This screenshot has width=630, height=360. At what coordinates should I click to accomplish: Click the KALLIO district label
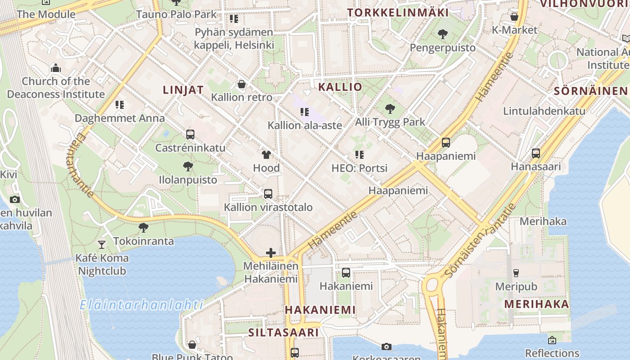click(x=340, y=87)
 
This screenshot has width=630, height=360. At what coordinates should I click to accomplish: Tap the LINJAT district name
click(x=183, y=90)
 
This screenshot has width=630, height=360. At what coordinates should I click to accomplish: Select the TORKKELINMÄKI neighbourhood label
click(x=398, y=13)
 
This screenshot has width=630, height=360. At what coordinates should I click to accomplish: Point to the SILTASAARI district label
click(x=283, y=333)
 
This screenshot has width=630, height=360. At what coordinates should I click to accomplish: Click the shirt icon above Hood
click(x=266, y=155)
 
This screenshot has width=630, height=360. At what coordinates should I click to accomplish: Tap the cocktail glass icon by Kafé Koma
click(x=102, y=244)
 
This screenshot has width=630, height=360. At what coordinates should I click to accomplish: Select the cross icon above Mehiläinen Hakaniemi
click(x=271, y=253)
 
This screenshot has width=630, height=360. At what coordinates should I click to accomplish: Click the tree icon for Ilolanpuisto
click(x=188, y=167)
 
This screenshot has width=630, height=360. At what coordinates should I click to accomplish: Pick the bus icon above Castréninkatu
click(x=190, y=135)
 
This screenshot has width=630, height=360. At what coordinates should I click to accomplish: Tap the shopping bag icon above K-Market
click(x=514, y=17)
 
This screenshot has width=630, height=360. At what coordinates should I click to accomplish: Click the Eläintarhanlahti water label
click(x=141, y=305)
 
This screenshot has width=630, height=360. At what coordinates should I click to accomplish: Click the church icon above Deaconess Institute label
click(x=56, y=68)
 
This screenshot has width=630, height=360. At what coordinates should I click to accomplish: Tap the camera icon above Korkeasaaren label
click(x=386, y=346)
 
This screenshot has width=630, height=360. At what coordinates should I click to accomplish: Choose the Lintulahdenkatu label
click(x=544, y=111)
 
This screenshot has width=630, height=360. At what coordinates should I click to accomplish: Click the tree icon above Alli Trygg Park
click(x=390, y=108)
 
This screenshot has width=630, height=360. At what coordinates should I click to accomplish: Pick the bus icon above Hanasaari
click(x=535, y=153)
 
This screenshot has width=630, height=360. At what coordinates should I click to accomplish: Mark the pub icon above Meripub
click(x=516, y=273)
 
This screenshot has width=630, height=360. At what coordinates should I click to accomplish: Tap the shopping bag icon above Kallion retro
click(x=242, y=84)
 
